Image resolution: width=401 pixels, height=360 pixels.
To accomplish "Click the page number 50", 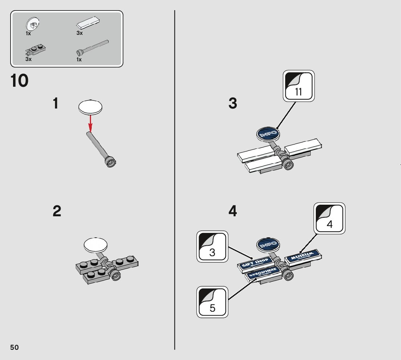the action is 15,347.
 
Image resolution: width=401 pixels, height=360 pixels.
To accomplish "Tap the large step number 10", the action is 20,81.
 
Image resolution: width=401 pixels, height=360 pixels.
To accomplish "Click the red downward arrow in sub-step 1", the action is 90,123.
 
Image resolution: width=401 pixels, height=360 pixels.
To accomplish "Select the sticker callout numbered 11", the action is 299,86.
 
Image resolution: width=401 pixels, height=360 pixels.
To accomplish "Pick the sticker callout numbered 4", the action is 329,218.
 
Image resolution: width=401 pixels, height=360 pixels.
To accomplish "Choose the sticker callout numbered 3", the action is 212,246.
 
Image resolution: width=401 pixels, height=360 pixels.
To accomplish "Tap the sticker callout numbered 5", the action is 212,302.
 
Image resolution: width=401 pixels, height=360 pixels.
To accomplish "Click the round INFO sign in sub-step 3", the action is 268,134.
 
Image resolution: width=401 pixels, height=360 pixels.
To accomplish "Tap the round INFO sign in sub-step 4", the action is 268,245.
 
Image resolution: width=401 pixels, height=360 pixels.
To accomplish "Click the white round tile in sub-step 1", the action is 90,107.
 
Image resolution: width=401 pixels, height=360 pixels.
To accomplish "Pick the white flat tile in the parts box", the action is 88,23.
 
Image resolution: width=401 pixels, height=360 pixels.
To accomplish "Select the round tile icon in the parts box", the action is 33,25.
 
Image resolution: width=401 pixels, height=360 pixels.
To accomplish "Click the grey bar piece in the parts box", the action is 92,48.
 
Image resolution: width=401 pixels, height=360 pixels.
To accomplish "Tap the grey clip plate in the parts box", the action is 36,50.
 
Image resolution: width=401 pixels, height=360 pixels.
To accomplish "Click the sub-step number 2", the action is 57,211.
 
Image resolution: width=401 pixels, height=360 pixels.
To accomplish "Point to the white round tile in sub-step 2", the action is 95,245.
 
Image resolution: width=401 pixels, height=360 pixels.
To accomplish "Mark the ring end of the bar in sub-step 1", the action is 111,162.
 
